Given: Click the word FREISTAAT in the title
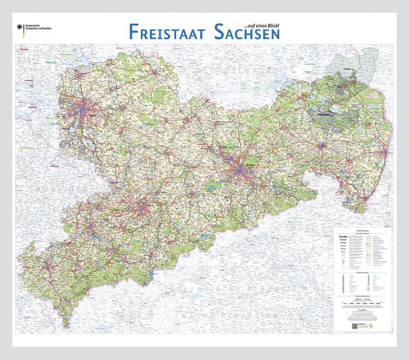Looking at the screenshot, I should (x=167, y=32).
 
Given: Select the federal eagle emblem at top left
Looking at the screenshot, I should (x=21, y=27).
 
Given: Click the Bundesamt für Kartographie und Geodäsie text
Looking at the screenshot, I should (x=38, y=28).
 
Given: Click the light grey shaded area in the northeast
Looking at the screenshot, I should (x=355, y=64).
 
